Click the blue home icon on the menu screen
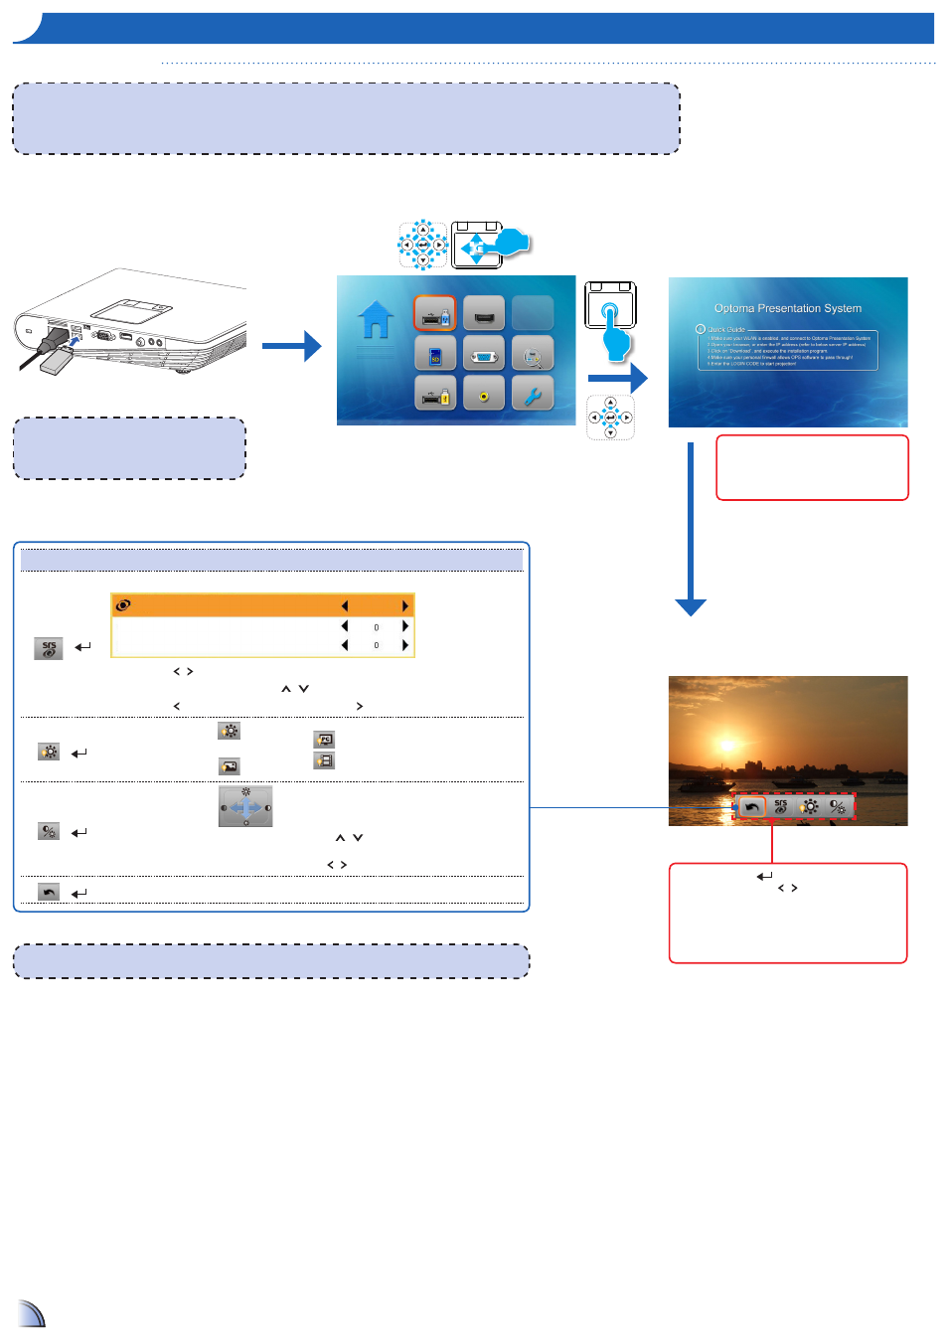click(x=376, y=321)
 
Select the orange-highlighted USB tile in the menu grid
click(x=435, y=314)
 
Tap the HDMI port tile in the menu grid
click(x=484, y=314)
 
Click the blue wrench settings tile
click(x=533, y=394)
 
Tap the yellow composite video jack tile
click(x=484, y=394)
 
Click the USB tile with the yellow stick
click(x=435, y=394)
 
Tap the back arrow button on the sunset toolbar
click(x=752, y=807)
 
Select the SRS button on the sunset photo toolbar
click(x=781, y=807)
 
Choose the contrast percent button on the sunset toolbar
click(x=839, y=807)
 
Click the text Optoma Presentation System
click(x=788, y=308)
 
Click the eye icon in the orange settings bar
click(x=123, y=605)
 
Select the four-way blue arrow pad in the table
click(x=245, y=807)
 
